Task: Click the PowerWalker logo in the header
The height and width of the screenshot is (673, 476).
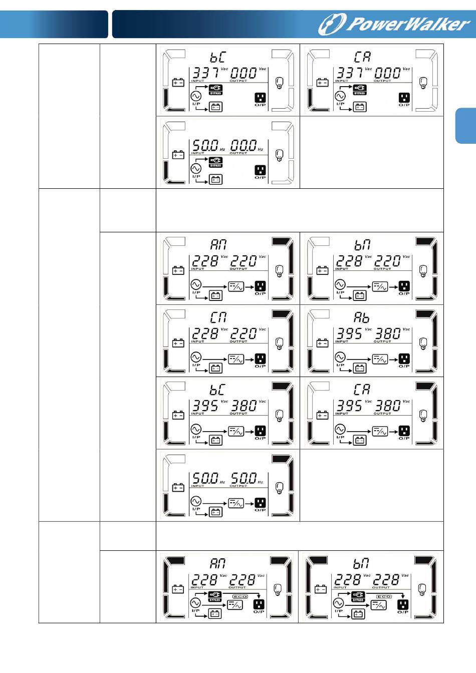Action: [x=394, y=25]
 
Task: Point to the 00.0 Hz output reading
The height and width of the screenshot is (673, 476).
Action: [x=244, y=146]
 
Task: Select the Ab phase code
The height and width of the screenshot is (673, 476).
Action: [x=362, y=317]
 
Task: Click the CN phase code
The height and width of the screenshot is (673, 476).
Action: [x=218, y=317]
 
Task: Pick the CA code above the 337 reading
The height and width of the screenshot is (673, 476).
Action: [x=362, y=57]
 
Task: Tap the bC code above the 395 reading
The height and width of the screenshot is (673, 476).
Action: [x=217, y=390]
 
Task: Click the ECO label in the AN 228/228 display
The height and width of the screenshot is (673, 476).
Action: [x=241, y=596]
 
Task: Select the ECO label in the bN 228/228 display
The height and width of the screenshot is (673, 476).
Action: [x=384, y=596]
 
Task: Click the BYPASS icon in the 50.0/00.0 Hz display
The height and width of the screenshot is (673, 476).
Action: [x=215, y=162]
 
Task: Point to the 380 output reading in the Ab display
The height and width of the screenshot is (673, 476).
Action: [x=388, y=333]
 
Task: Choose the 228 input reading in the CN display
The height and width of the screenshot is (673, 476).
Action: [x=205, y=333]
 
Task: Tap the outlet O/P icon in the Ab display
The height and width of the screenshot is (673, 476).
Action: [x=404, y=359]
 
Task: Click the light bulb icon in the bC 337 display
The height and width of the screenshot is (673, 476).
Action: [x=280, y=83]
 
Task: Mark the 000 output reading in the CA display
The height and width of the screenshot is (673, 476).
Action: [x=388, y=74]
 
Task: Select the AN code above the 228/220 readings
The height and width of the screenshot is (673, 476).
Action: [x=218, y=245]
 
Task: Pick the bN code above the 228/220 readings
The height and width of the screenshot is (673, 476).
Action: [x=362, y=245]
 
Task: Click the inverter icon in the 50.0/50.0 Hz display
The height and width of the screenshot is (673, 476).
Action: [x=236, y=503]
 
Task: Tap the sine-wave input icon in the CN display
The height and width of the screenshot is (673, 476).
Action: [x=196, y=357]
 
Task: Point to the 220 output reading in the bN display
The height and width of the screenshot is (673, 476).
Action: [x=388, y=261]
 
